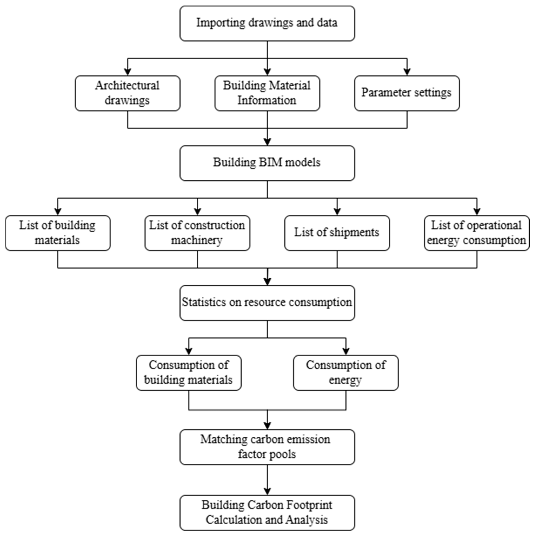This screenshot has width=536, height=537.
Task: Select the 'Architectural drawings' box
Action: (128, 93)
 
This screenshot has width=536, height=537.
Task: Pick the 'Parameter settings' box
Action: (407, 93)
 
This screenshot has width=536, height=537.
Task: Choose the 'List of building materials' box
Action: (58, 233)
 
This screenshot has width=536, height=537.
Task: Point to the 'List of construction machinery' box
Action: (197, 233)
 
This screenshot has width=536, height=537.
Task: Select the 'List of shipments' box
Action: (337, 233)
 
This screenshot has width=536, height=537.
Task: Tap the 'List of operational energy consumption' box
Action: (477, 233)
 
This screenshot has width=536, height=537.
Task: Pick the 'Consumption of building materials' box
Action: (189, 373)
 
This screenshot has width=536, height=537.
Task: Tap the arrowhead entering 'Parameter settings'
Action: (407, 72)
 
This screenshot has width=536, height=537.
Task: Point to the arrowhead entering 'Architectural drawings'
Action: (128, 72)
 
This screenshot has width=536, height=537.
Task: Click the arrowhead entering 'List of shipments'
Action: (337, 212)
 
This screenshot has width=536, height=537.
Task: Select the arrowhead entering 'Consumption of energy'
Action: (346, 352)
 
